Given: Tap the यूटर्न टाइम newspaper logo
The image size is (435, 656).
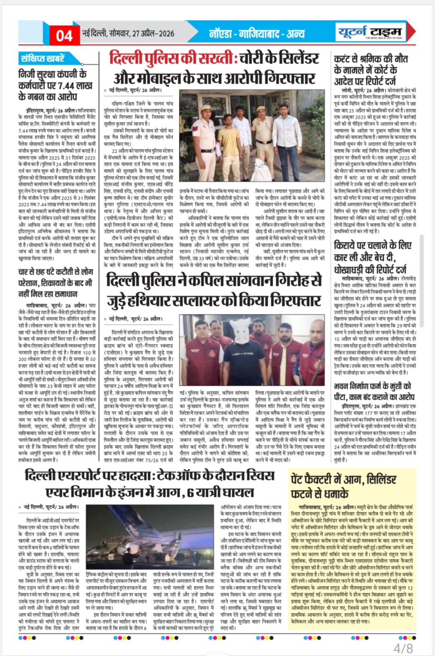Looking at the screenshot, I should pyautogui.click(x=370, y=31).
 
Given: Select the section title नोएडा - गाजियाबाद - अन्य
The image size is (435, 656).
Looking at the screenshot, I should pyautogui.click(x=257, y=33).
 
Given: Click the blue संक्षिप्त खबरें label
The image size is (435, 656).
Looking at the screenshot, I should pyautogui.click(x=43, y=59).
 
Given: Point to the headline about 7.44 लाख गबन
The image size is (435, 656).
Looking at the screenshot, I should pyautogui.click(x=56, y=85).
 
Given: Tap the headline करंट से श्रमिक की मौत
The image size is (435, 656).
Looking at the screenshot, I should pyautogui.click(x=371, y=70).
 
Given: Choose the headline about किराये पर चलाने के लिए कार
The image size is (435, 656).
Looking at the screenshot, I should pyautogui.click(x=373, y=257).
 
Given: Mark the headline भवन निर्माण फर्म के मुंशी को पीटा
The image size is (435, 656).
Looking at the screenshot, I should pyautogui.click(x=373, y=391).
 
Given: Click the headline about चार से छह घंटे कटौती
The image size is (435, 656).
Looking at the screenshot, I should pyautogui.click(x=56, y=283).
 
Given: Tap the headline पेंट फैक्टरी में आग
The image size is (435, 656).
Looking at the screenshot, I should pyautogui.click(x=343, y=486).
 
